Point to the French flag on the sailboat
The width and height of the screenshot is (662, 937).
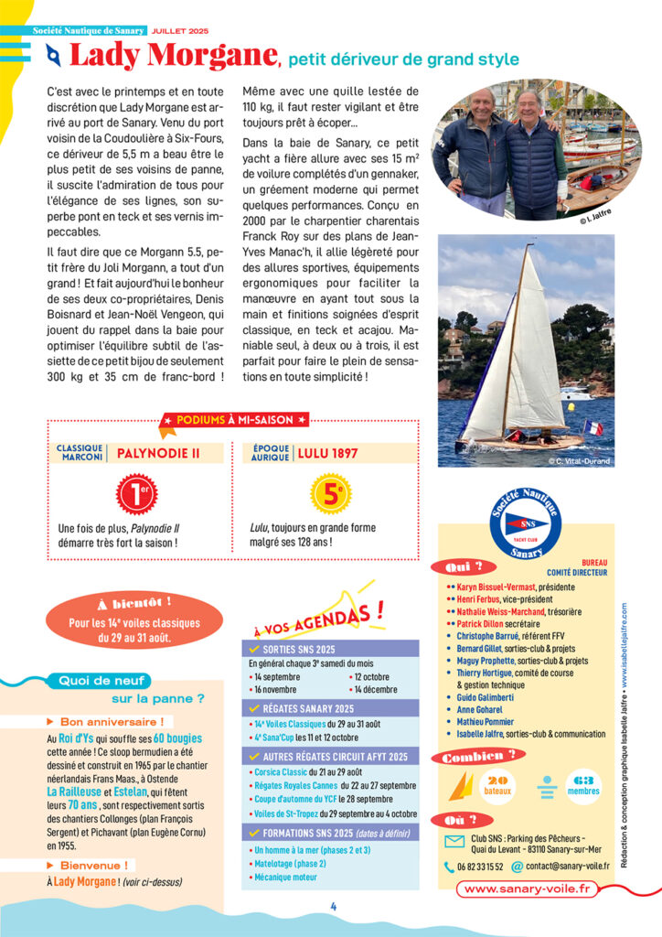(x=593, y=427)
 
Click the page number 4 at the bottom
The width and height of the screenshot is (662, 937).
(x=334, y=907)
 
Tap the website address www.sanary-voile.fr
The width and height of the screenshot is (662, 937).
(x=525, y=888)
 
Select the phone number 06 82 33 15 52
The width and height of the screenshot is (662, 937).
(x=479, y=867)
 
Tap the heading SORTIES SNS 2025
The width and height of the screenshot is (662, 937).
(x=302, y=649)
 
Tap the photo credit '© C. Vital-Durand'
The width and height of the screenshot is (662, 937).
(x=580, y=460)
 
